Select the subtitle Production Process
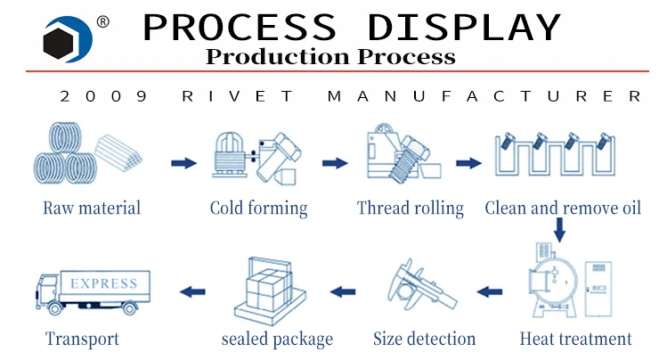(330, 57)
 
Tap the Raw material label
(92, 209)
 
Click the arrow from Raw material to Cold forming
(183, 163)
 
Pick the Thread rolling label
(410, 209)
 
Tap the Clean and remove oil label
(563, 209)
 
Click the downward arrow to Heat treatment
(559, 231)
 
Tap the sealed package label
(277, 339)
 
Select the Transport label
(82, 339)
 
